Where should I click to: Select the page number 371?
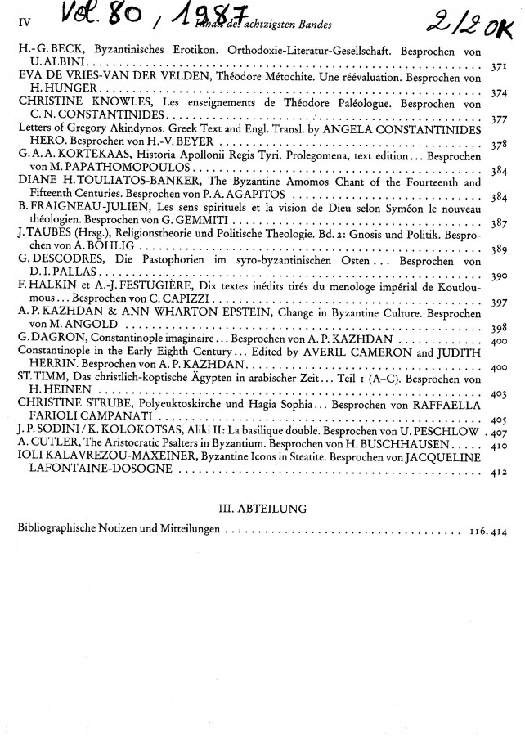point(499,65)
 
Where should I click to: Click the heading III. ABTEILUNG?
point(262,508)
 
